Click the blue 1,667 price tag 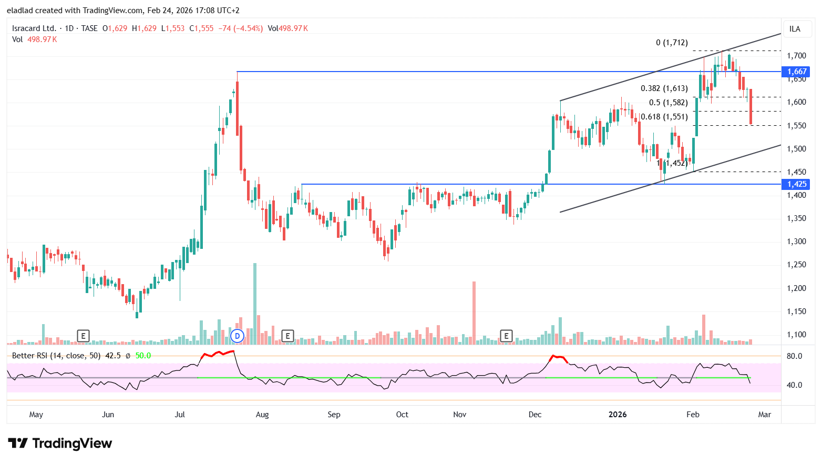(x=796, y=72)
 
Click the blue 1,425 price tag (x=796, y=184)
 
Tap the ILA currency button (x=795, y=29)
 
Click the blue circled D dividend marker (x=237, y=336)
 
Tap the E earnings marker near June (x=83, y=336)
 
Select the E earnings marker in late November (x=506, y=336)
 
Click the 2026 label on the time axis (x=618, y=415)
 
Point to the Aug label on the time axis (x=262, y=415)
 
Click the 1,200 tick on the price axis (x=796, y=288)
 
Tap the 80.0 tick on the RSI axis (x=794, y=356)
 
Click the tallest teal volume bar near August (x=255, y=304)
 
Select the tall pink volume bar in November (x=474, y=313)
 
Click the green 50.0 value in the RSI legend (x=143, y=356)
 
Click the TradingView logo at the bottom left (x=60, y=444)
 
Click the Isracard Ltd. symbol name (x=34, y=28)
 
